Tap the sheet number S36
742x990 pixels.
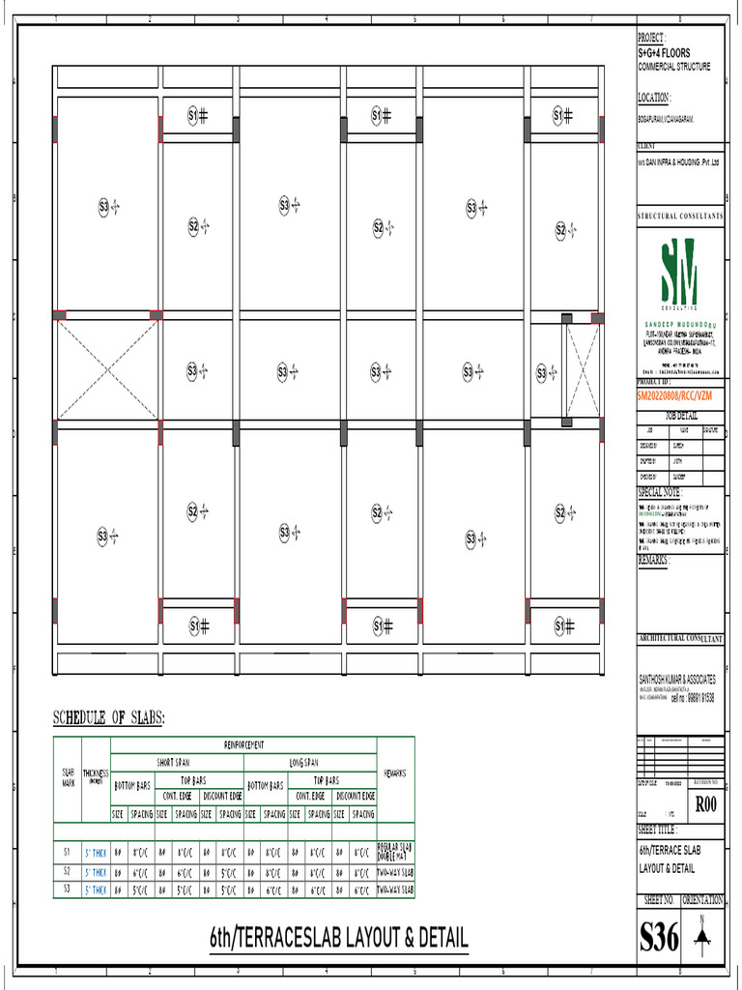660,937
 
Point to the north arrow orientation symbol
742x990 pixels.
704,934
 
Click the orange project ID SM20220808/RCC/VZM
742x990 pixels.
679,395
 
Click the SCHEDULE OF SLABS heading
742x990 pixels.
108,718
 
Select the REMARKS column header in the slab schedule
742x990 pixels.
394,773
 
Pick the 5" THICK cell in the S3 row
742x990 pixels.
96,888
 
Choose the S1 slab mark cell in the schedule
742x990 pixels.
67,853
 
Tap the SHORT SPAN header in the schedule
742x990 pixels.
177,762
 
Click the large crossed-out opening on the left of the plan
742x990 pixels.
106,369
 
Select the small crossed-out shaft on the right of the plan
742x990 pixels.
582,370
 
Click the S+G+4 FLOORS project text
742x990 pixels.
664,52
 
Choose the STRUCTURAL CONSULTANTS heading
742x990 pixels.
679,217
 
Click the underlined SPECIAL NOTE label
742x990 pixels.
659,492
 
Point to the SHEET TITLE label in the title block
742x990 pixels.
658,830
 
